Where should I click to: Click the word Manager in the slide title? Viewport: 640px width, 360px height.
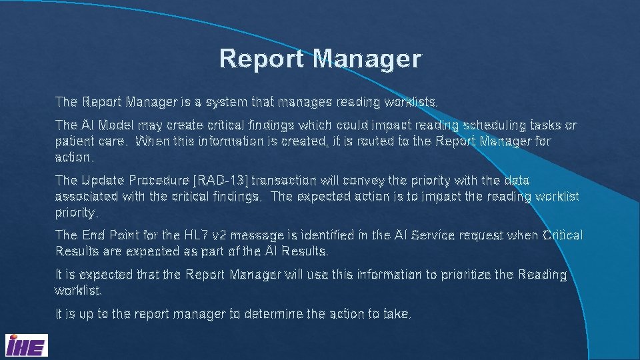click(367, 59)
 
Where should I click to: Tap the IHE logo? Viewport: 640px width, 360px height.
click(26, 345)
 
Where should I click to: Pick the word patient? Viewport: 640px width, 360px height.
click(75, 142)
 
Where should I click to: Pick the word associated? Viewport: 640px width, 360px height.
click(87, 197)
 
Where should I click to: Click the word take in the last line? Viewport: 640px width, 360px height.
click(398, 314)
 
